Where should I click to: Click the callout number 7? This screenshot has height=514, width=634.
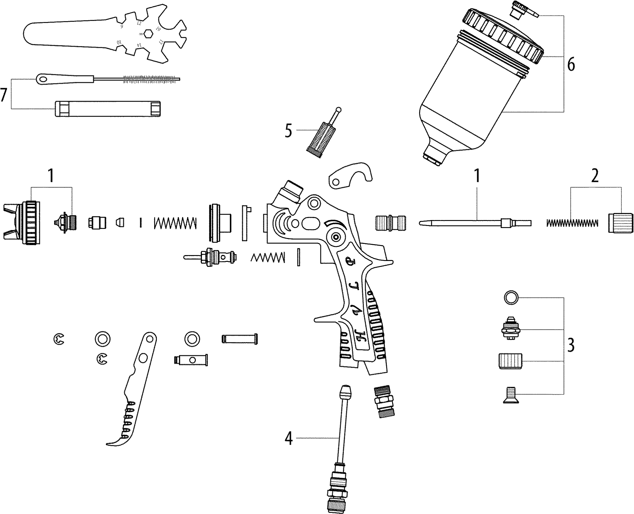[x=4, y=95]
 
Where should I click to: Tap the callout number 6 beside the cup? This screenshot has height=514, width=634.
[x=571, y=64]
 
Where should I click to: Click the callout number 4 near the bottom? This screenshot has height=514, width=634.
[x=289, y=439]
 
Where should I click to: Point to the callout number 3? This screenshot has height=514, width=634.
[x=571, y=345]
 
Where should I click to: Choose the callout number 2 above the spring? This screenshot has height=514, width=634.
[x=595, y=176]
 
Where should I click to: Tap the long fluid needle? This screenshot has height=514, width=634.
[x=474, y=223]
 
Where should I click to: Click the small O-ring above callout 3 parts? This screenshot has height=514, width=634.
[x=511, y=298]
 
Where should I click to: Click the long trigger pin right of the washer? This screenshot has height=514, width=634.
[x=240, y=339]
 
